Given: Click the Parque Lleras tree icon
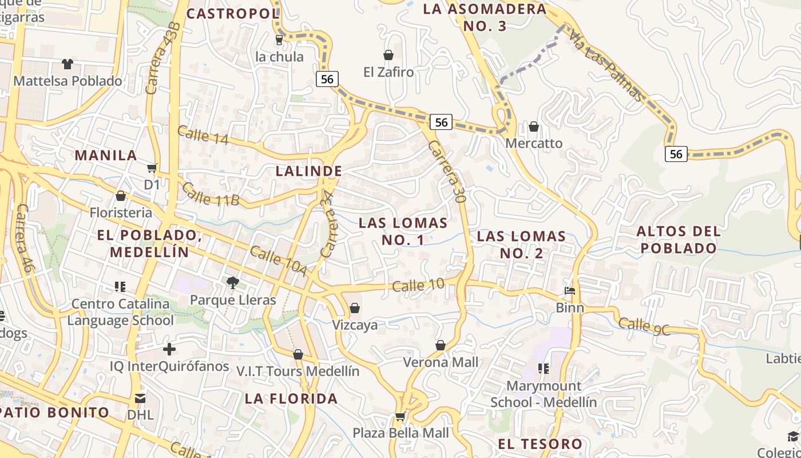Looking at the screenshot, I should tap(232, 282).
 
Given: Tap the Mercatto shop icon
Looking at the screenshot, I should tap(534, 126).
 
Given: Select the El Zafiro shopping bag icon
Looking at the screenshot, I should tap(388, 55).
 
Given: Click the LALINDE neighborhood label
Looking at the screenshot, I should tap(309, 171).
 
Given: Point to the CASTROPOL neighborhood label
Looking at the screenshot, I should tap(233, 14).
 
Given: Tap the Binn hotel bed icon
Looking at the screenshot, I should tap(570, 291).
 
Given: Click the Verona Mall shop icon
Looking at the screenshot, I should tap(441, 345).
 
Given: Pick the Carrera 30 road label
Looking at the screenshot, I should tap(447, 171).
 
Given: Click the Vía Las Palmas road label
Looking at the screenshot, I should tap(606, 65).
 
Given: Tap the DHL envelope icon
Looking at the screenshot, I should tap(140, 397).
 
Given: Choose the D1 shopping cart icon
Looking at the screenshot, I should tap(152, 168).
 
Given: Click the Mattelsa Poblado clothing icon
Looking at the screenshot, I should tap(68, 64).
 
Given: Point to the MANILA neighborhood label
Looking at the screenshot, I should tap(106, 155).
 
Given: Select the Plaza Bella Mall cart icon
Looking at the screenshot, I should tap(400, 416).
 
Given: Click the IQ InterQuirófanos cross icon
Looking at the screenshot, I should tap(169, 349).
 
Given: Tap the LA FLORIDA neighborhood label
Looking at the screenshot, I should tap(291, 398).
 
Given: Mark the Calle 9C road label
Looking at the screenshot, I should tap(644, 326).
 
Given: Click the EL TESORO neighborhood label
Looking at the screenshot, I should tap(540, 444).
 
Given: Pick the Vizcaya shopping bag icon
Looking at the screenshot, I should tap(355, 309).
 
